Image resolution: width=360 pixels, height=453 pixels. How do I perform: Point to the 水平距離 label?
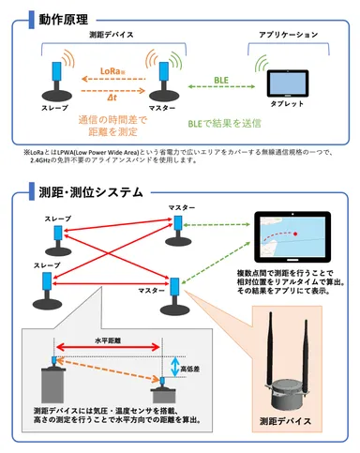click(109, 342)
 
